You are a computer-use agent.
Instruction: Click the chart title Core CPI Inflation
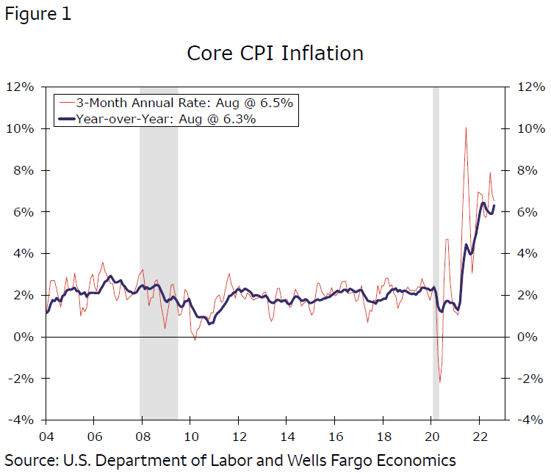tap(275, 54)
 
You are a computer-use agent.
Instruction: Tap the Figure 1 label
tap(38, 15)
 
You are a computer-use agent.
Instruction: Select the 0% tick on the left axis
tap(24, 337)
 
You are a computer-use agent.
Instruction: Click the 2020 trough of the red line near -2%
tap(440, 382)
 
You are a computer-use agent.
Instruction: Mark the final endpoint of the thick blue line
tap(494, 205)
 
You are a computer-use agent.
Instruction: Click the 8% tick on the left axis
tap(24, 170)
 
